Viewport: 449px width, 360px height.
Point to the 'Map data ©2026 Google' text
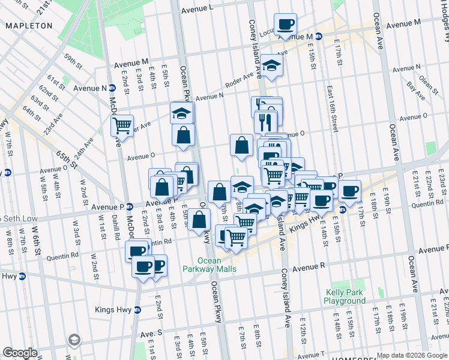pos(411,355)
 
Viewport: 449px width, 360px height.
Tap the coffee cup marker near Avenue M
pos(286,25)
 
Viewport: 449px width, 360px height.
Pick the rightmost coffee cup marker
pos(349,191)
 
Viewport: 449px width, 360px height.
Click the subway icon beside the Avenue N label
pos(112,88)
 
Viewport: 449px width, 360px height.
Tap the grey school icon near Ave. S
pos(74,340)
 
